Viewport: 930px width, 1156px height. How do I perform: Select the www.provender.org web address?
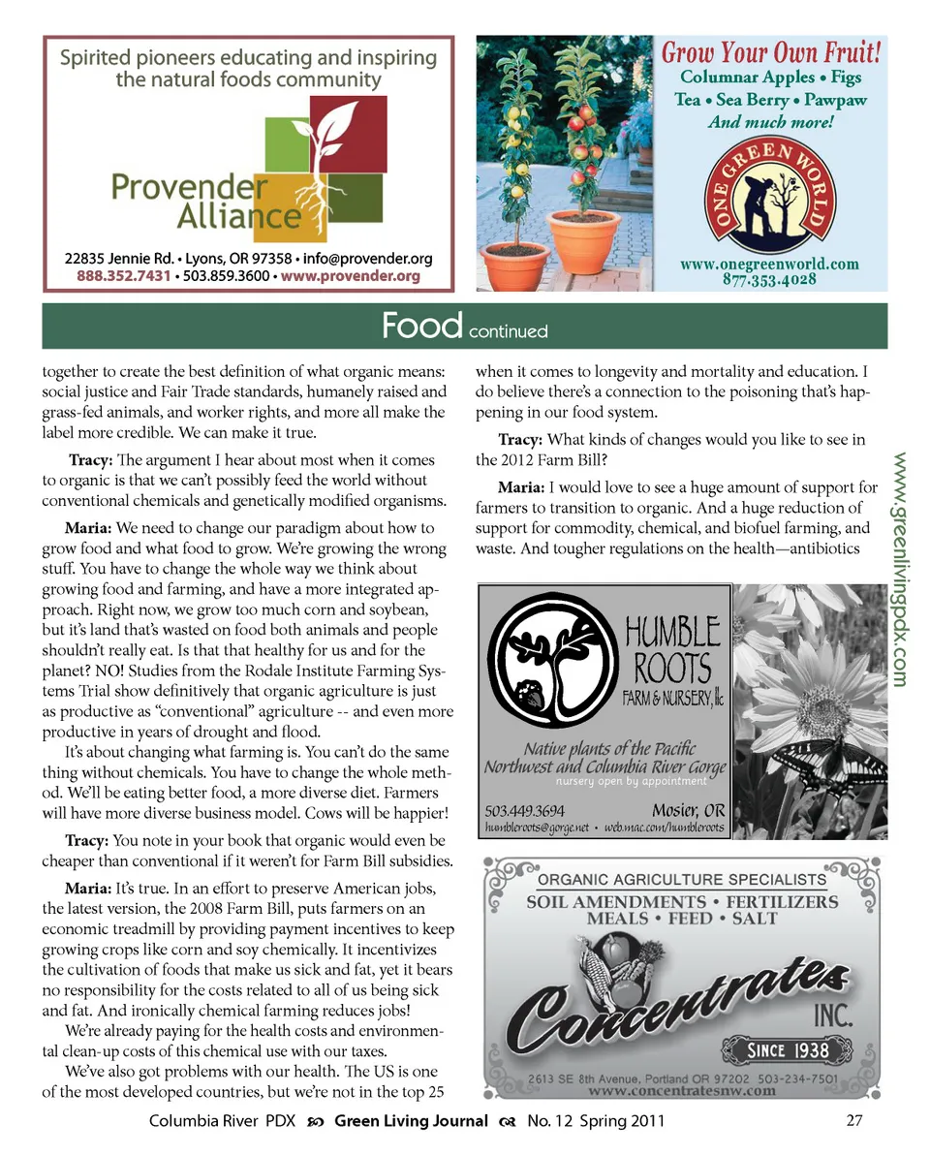coord(350,276)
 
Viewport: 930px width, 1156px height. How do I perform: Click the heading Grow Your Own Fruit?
coord(771,53)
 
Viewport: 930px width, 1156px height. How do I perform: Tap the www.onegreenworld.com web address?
coord(770,264)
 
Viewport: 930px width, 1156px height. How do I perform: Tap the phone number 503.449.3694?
coord(525,811)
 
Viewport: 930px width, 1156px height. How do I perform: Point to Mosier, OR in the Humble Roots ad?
coord(688,811)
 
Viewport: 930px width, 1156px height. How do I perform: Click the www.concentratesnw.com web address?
coord(682,1090)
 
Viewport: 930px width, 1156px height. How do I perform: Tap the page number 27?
coord(853,1122)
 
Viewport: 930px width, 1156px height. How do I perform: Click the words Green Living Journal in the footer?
coord(411,1122)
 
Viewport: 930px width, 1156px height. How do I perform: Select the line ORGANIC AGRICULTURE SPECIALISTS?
coord(682,880)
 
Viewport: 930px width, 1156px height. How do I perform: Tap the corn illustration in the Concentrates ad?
coord(593,969)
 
